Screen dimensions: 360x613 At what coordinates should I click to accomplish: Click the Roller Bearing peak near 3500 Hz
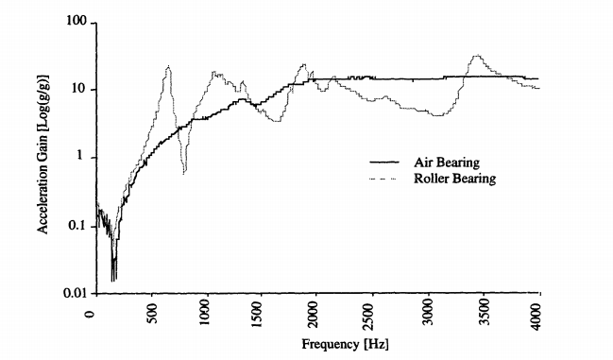(x=478, y=56)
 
